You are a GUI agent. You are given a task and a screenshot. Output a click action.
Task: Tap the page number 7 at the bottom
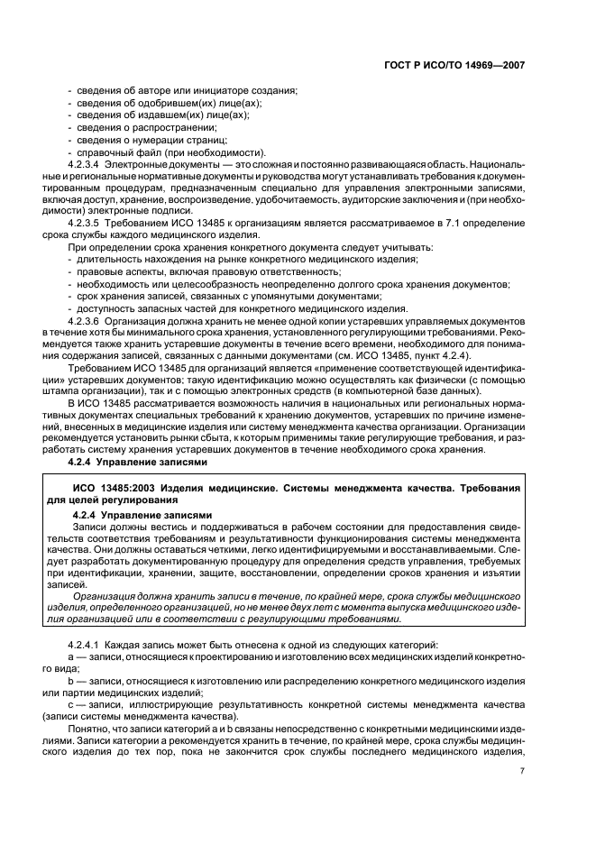[522, 770]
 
